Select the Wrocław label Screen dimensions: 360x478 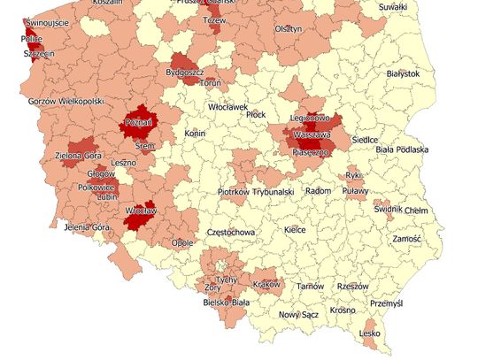pos(140,212)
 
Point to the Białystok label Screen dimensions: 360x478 pos(403,73)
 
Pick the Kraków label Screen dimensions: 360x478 pos(266,284)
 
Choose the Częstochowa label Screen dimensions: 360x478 pos(229,232)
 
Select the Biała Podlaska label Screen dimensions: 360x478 pos(402,149)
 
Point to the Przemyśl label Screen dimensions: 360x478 pos(386,303)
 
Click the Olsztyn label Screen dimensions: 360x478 pos(289,28)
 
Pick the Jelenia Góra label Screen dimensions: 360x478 pos(88,227)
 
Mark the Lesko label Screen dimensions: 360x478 pos(371,333)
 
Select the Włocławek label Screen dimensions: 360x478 pos(227,106)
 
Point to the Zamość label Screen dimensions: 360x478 pos(407,239)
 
